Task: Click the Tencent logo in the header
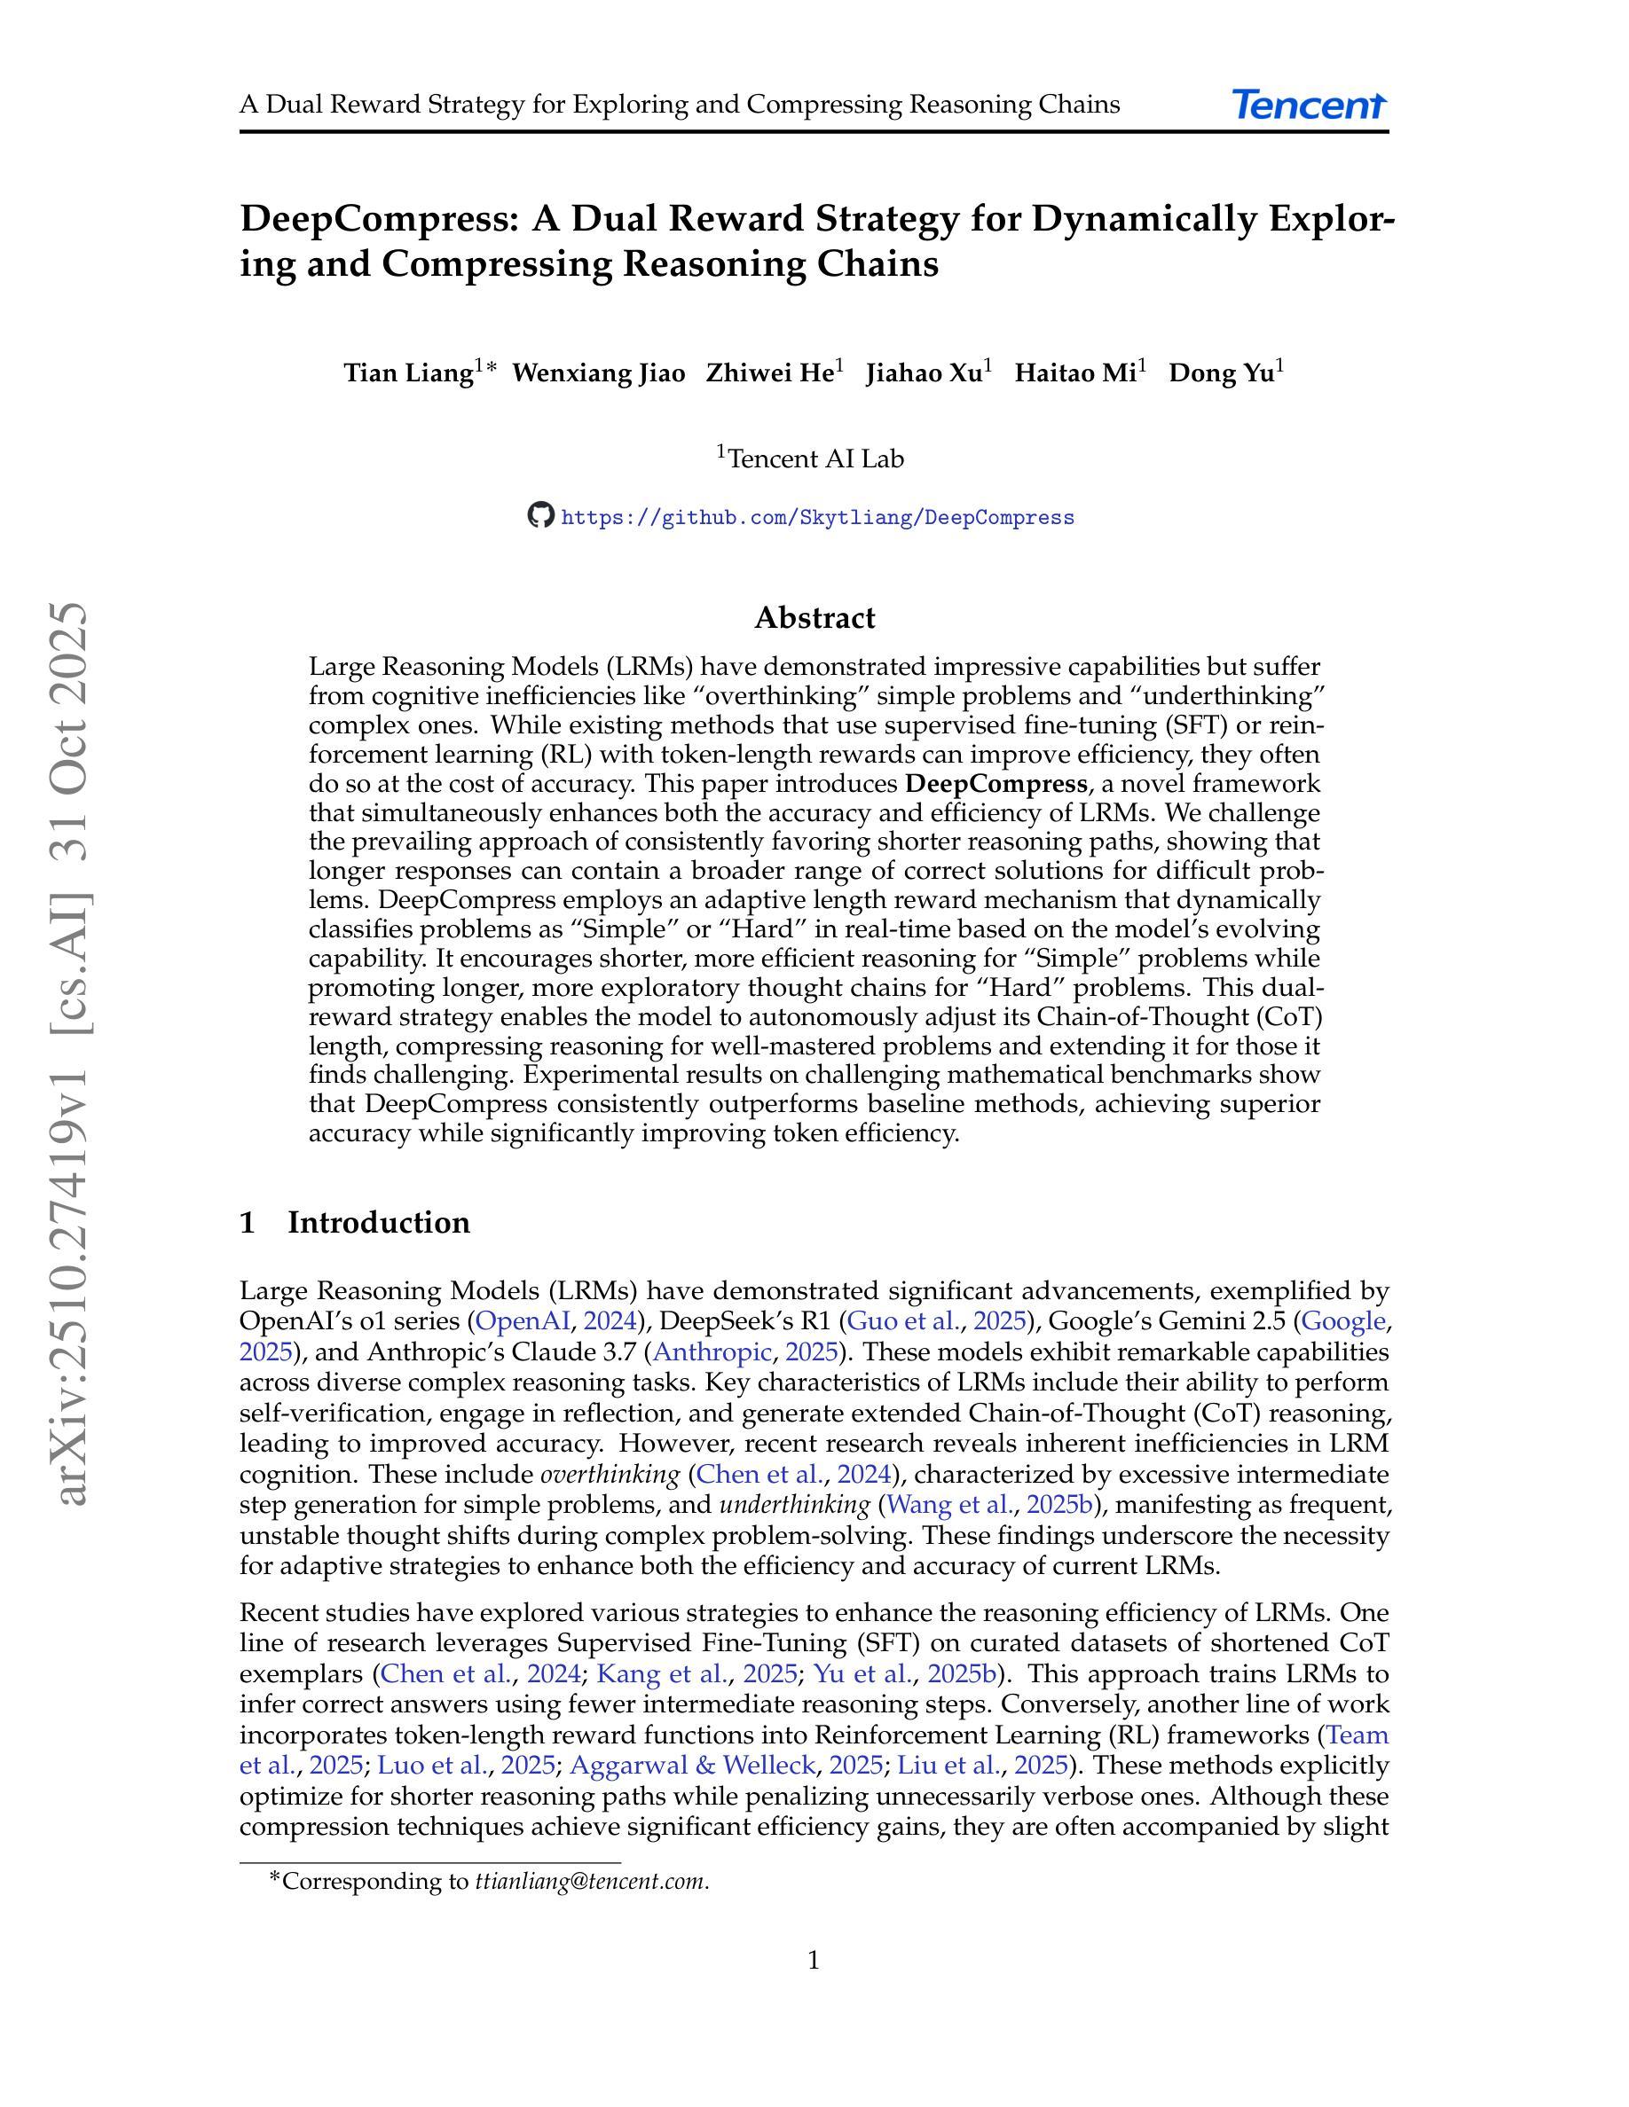1309,104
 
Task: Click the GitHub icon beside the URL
540,515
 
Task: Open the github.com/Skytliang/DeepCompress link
816,518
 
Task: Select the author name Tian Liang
408,373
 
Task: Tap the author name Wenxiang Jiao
598,373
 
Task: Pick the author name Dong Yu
1222,373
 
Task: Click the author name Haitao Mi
1075,373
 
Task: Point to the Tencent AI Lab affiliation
814,459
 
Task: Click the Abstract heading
814,617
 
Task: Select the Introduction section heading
378,1222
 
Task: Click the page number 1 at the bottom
814,1961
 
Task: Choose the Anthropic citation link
712,1351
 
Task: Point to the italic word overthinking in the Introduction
610,1474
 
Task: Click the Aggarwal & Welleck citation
693,1766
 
